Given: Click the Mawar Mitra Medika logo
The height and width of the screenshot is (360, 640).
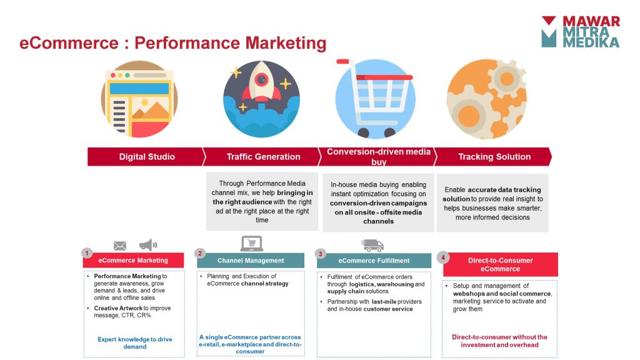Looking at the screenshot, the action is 581,32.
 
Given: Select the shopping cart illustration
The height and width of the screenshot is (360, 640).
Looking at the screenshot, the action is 375,98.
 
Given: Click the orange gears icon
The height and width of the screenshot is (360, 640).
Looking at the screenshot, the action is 486,99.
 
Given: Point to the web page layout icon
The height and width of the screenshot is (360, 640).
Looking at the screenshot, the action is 139,99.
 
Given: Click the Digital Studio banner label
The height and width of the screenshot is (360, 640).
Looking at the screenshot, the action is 147,157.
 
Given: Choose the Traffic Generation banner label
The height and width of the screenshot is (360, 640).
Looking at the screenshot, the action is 263,157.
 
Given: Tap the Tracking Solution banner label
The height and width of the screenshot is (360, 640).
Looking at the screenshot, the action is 494,157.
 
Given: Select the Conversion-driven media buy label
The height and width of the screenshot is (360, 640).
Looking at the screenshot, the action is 378,157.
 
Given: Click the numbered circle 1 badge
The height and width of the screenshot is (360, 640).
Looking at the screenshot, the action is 86,253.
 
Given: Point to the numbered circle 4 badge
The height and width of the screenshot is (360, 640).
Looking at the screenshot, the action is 443,257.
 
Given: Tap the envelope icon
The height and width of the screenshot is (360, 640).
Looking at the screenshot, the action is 119,246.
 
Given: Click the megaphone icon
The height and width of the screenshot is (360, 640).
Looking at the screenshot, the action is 147,245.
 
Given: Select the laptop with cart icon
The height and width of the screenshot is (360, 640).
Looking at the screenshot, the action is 251,244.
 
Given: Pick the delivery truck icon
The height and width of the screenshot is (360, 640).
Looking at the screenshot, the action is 372,245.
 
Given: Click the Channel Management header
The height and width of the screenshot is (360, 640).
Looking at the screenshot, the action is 251,261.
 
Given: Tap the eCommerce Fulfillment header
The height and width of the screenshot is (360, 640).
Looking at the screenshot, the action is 374,261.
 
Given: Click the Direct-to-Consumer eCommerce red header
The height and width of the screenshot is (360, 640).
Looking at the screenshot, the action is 501,264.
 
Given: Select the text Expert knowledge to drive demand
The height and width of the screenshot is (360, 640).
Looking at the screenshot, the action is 135,343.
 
